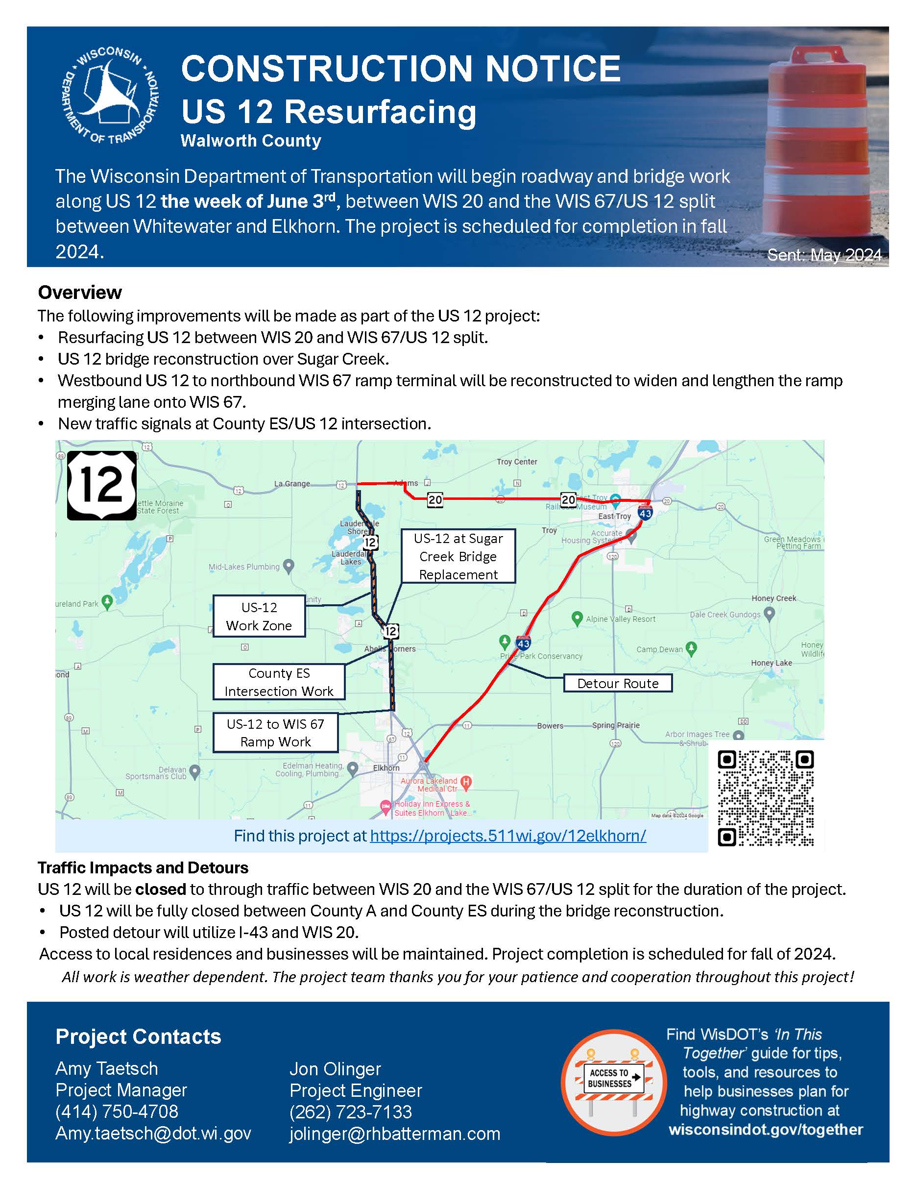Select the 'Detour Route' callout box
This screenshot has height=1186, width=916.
click(x=618, y=683)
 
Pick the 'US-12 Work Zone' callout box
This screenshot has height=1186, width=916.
click(x=259, y=617)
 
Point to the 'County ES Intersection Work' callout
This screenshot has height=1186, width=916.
click(x=279, y=682)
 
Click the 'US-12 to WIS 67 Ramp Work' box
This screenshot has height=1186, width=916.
click(x=275, y=733)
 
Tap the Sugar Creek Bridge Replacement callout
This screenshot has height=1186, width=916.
click(x=458, y=556)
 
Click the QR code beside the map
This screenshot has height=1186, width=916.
click(x=765, y=798)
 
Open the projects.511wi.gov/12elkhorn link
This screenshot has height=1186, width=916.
click(x=508, y=836)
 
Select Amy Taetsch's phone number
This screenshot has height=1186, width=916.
click(x=117, y=1112)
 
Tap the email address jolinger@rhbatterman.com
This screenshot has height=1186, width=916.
click(x=394, y=1134)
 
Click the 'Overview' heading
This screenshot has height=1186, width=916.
click(x=80, y=293)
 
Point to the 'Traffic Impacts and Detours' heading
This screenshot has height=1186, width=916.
click(x=143, y=868)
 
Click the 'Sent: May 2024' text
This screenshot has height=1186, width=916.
click(x=824, y=255)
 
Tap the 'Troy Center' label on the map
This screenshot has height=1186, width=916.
click(x=517, y=462)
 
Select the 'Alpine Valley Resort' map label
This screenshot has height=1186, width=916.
click(x=620, y=619)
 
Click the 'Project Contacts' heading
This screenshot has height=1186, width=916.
click(x=138, y=1037)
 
